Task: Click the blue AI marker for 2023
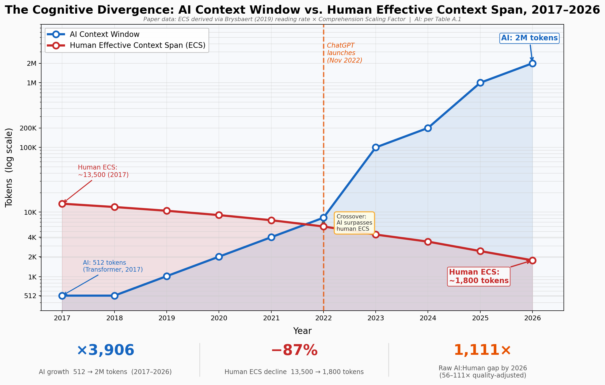376,147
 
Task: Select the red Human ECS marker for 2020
219,215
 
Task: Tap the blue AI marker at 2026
532,63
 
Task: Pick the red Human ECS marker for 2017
62,204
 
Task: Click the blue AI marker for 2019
167,276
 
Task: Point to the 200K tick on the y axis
28,128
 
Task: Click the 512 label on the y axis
30,296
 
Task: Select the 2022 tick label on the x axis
324,318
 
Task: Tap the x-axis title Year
302,331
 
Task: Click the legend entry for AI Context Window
104,34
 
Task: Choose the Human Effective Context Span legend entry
137,45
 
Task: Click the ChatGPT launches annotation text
344,53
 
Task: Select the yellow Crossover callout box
354,223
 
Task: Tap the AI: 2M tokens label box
529,38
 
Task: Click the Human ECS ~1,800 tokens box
478,276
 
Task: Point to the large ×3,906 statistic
105,350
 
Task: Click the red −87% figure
294,350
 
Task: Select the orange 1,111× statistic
482,350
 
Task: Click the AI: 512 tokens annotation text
112,266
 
